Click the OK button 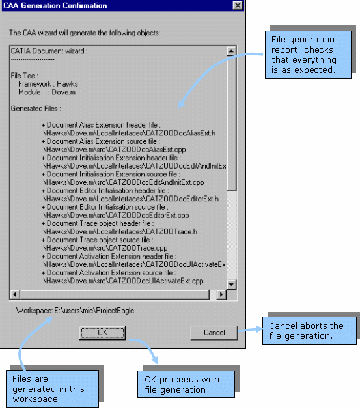102,333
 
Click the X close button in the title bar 238,5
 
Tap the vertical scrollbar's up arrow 231,51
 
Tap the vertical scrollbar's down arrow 231,285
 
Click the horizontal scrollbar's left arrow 15,294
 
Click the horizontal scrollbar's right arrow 221,294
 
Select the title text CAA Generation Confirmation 55,5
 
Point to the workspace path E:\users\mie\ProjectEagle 94,311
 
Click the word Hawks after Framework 67,84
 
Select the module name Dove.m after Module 64,92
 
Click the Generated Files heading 36,109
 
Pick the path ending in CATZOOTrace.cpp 104,248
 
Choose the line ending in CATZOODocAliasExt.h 128,134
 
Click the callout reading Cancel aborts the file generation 309,330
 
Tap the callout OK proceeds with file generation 186,384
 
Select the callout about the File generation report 308,55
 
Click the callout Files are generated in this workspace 52,389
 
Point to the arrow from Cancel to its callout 250,330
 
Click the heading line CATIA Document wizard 49,51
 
